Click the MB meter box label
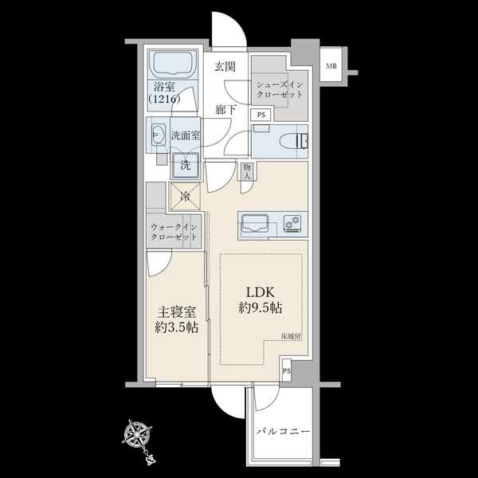(331, 66)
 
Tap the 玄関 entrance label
(225, 66)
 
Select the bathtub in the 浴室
(173, 65)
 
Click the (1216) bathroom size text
(164, 99)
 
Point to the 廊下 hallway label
(225, 110)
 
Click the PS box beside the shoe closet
(261, 116)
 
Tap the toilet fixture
(293, 142)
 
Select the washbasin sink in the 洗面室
(158, 135)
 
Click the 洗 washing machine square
(186, 166)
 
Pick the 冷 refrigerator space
(185, 196)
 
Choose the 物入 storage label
(247, 171)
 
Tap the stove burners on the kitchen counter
(292, 223)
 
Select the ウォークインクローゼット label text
(174, 232)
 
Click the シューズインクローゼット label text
(280, 89)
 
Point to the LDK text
(261, 292)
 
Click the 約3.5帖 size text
(177, 328)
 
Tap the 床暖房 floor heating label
(291, 337)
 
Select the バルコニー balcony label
(283, 432)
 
